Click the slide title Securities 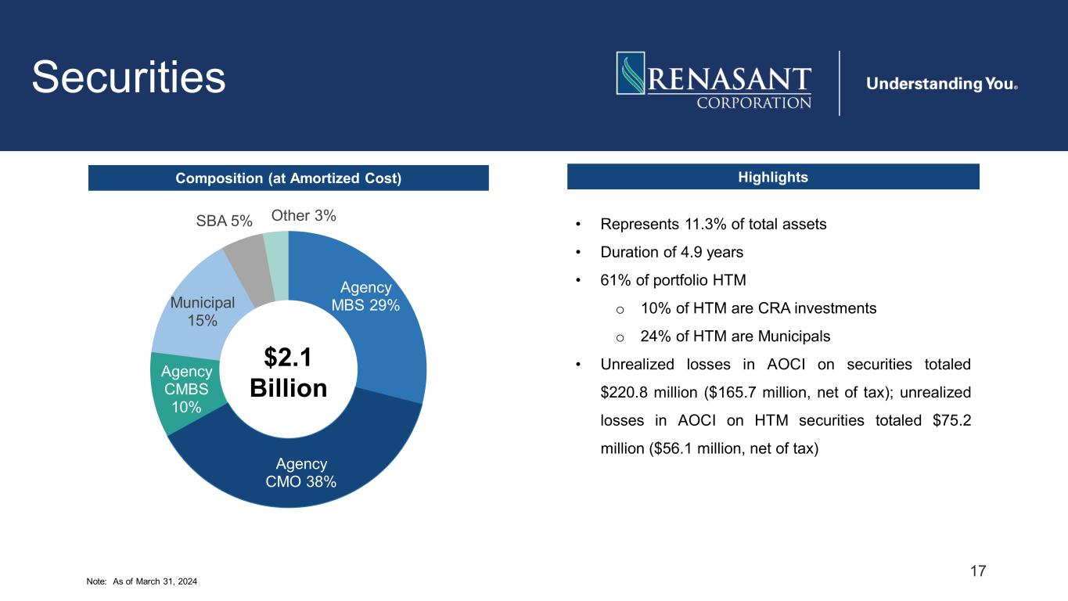coord(129,77)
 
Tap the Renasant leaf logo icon coord(631,74)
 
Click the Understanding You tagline coord(941,84)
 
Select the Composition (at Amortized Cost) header coord(288,178)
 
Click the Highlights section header coord(772,177)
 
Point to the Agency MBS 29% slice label coord(366,297)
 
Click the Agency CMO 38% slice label coord(301,473)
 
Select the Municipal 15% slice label coord(202,311)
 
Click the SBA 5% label coord(224,221)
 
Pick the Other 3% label coord(304,215)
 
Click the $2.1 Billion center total coord(288,372)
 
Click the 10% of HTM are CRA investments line coord(757,308)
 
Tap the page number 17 coord(978,570)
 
